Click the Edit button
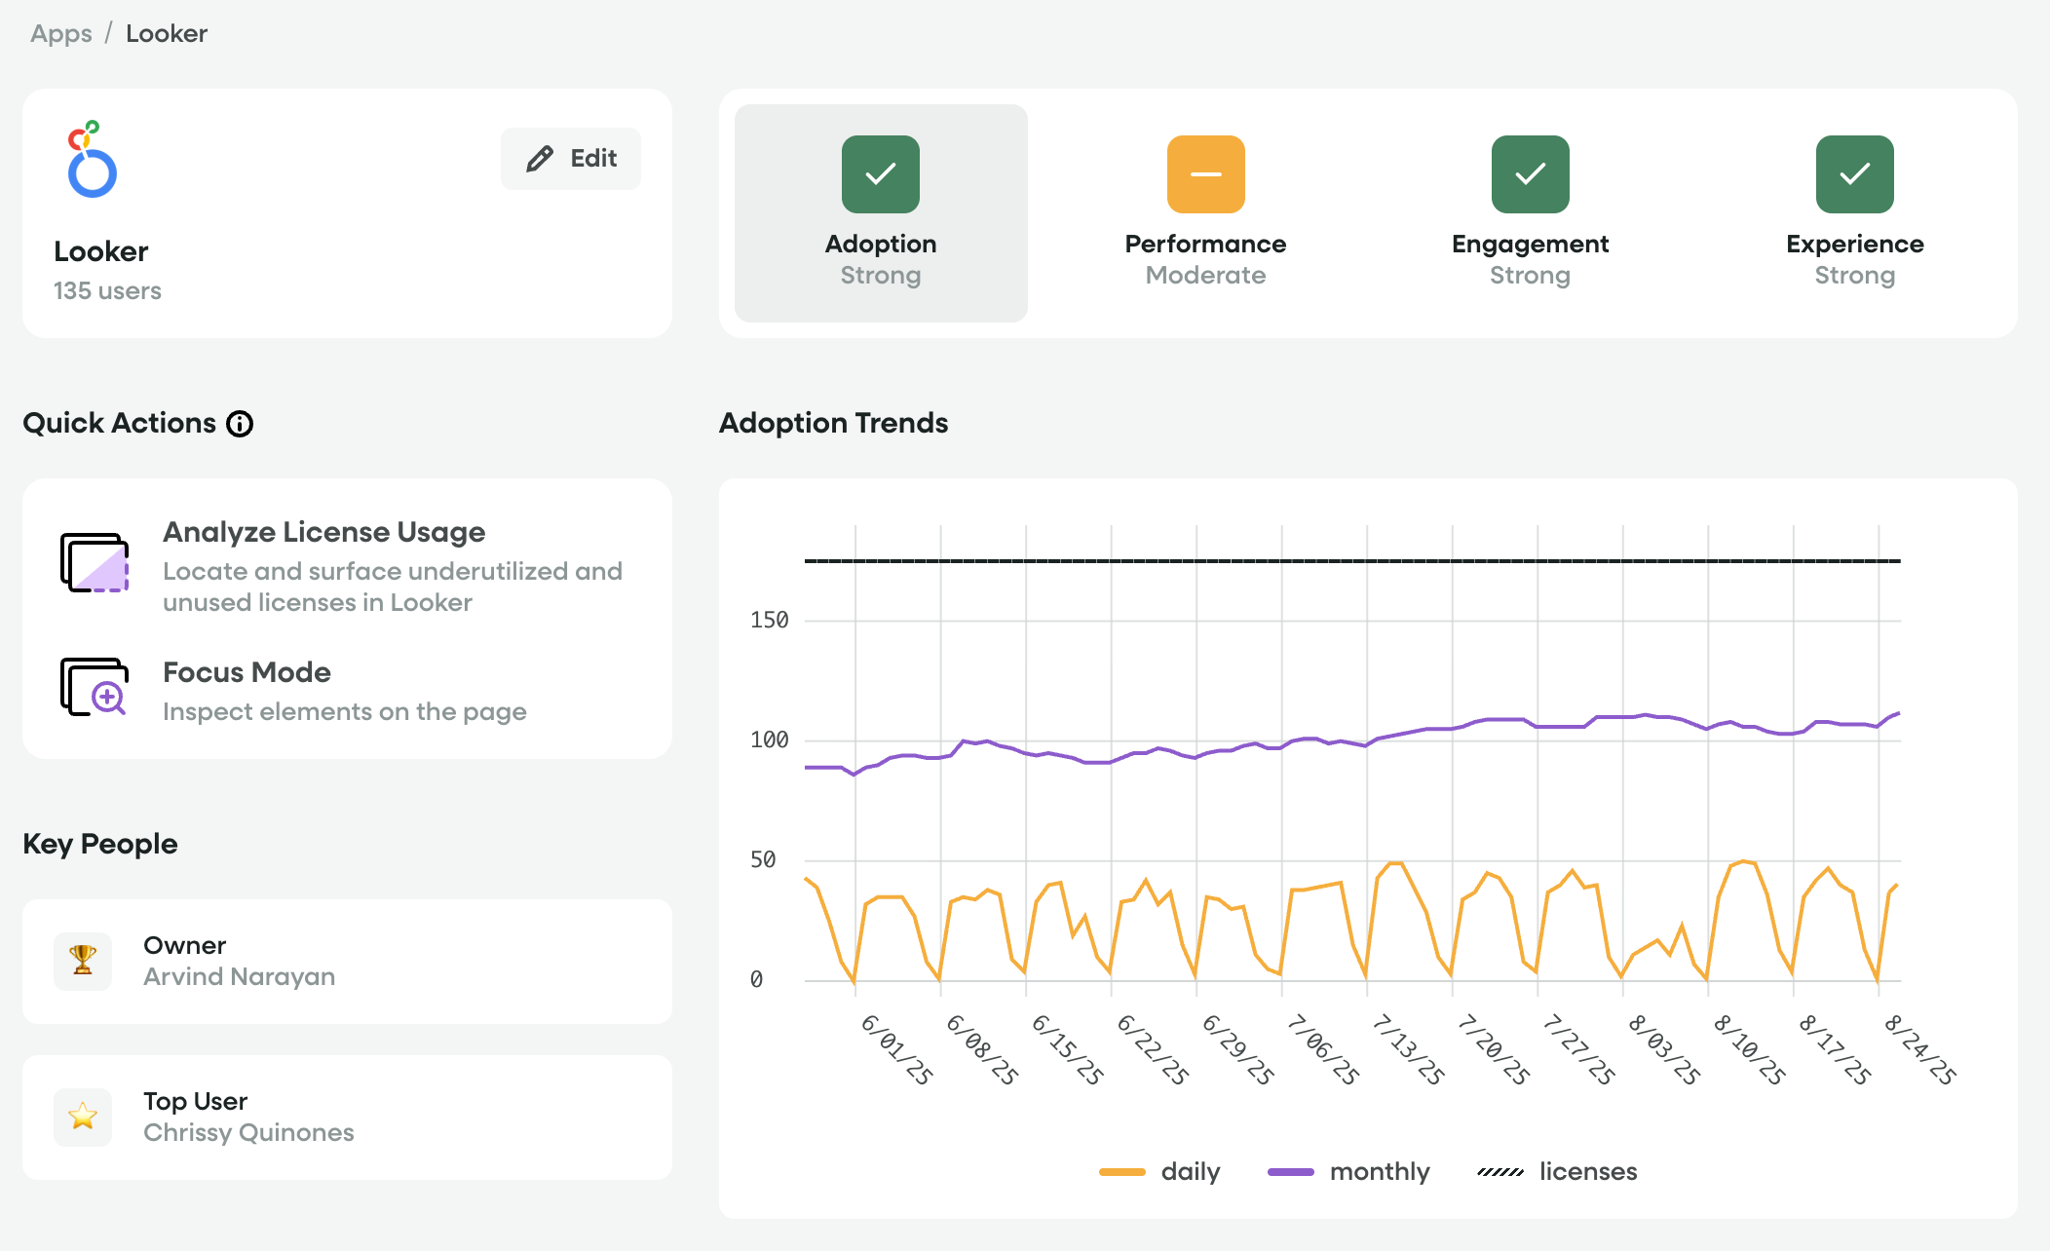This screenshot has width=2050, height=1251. tap(571, 159)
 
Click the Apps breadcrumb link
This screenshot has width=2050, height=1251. tap(60, 33)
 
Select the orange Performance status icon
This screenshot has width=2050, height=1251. tap(1205, 174)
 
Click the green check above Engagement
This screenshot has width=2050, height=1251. tap(1530, 174)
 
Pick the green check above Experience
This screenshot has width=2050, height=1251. tap(1854, 174)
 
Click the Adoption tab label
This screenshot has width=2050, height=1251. tap(881, 244)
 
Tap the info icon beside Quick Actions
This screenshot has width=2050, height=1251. tap(240, 424)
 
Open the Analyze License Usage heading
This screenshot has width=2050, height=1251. tap(323, 532)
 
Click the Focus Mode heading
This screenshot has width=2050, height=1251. tap(247, 672)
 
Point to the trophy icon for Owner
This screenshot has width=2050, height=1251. tap(83, 961)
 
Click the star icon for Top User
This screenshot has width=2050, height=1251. tap(83, 1117)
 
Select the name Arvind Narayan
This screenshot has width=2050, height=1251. tap(239, 976)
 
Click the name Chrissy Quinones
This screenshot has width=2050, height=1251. tap(248, 1132)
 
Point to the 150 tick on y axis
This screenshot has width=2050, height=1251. tap(769, 621)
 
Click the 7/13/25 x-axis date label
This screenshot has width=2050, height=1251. tap(1408, 1050)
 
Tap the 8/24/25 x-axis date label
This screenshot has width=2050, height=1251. tap(1919, 1050)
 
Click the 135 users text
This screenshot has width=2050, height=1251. tap(107, 290)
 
